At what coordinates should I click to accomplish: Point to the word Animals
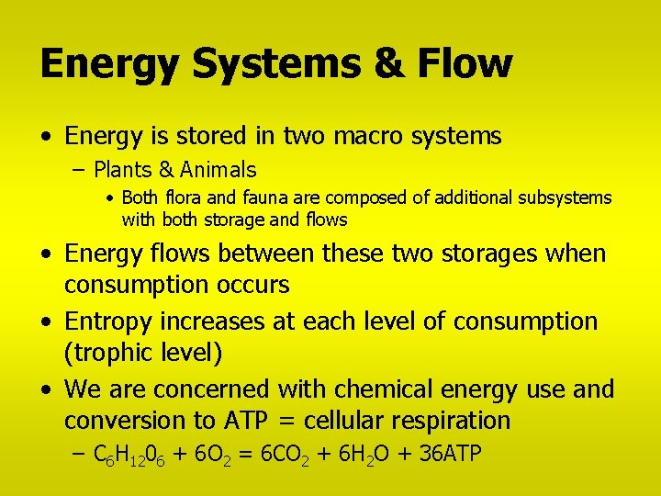click(218, 170)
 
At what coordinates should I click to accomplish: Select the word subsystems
click(566, 198)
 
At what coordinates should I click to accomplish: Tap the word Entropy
click(109, 321)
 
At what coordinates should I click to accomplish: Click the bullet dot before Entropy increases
click(47, 322)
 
